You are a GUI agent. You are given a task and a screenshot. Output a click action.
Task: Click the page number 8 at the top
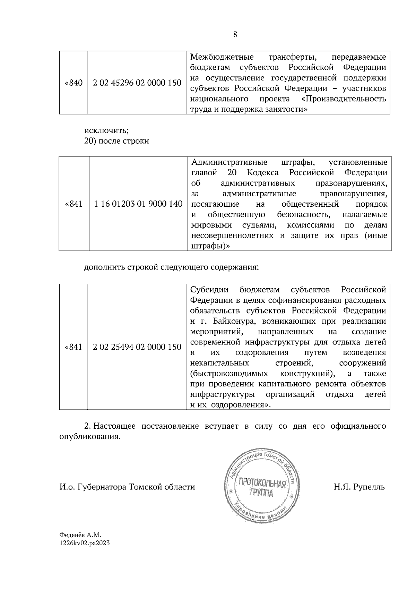[235, 34]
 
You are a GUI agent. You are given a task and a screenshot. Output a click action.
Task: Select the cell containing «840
[73, 83]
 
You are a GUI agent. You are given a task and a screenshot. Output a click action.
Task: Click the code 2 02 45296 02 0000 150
[137, 83]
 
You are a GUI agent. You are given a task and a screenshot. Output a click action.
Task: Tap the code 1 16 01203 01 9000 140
[138, 204]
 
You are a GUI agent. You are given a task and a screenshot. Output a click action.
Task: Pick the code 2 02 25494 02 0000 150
[137, 347]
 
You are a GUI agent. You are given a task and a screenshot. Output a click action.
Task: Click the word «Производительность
[344, 99]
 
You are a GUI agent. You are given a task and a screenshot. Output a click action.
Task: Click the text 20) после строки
[116, 142]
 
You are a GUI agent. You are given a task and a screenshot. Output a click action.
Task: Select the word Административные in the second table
[229, 162]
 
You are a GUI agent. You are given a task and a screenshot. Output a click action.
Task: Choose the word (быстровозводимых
[229, 374]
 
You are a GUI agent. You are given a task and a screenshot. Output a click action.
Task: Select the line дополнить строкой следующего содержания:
[172, 267]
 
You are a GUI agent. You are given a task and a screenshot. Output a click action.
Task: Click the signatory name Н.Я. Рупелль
[359, 487]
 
